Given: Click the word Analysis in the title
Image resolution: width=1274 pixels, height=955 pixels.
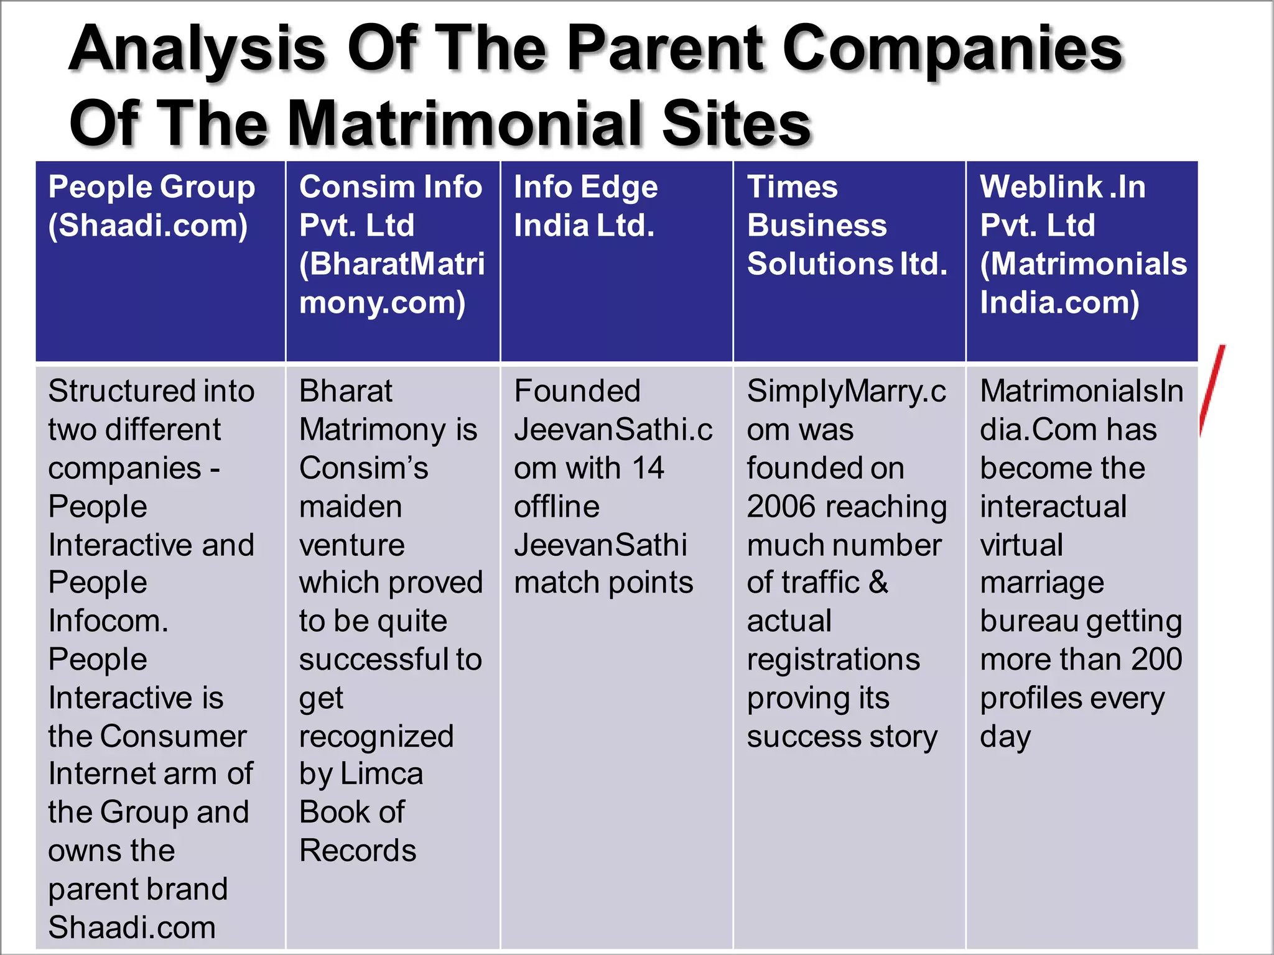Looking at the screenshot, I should coord(197,50).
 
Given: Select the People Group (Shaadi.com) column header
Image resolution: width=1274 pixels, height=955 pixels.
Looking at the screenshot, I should coord(152,206).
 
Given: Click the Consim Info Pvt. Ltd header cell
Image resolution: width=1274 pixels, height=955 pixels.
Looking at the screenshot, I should coord(391,244).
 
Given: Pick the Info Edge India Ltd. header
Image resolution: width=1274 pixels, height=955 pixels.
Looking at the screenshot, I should coord(585,206).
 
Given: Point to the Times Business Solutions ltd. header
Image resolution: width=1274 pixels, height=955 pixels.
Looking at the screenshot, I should coord(847,225).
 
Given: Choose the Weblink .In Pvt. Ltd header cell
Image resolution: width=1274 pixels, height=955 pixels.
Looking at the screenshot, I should coord(1083,244).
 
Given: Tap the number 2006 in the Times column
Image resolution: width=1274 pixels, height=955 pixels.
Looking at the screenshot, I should coord(783,507).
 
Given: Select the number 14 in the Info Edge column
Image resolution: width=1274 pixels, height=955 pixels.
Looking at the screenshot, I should coord(648,468).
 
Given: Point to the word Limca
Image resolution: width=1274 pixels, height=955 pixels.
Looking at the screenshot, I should coord(381,775).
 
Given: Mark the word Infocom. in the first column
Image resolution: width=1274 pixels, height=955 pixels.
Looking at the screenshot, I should coord(108,621).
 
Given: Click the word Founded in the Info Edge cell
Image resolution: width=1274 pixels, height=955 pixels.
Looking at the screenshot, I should coord(577,392).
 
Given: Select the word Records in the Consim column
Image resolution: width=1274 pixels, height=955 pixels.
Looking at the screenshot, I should coord(358,851).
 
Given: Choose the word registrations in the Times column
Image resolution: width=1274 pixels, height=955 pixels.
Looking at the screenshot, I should coord(833,660).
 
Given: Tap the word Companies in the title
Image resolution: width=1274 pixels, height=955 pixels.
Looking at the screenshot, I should coord(952,50).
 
